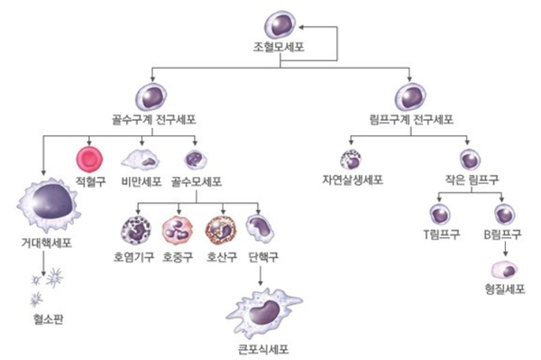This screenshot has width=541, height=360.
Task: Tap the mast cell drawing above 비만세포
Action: click(x=140, y=160)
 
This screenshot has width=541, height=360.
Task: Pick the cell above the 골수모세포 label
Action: click(x=194, y=160)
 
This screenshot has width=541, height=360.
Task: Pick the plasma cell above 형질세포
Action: click(x=502, y=269)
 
